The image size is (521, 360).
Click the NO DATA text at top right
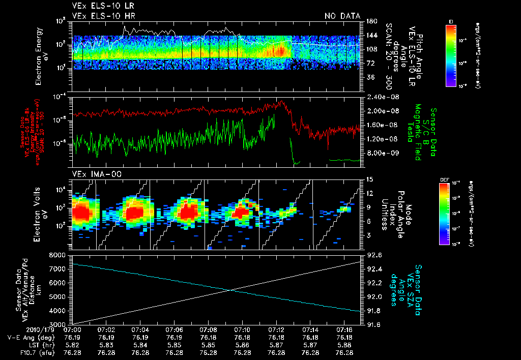tap(342, 16)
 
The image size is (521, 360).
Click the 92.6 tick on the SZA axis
tap(370, 254)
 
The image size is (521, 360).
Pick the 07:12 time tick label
tap(276, 329)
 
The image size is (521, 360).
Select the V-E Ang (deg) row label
tap(30, 337)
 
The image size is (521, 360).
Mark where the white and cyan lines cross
tap(229, 290)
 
